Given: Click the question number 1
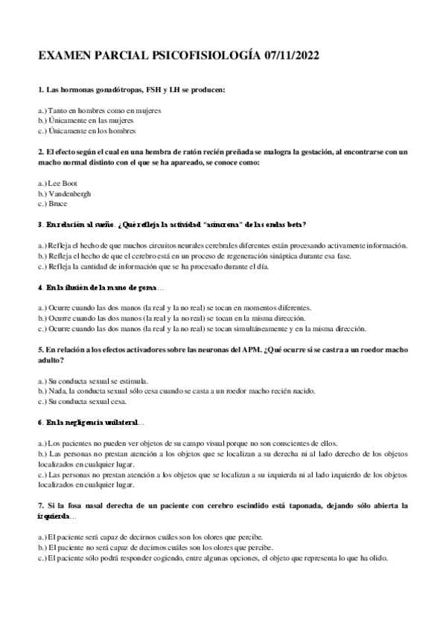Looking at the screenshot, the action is tap(39, 90).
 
